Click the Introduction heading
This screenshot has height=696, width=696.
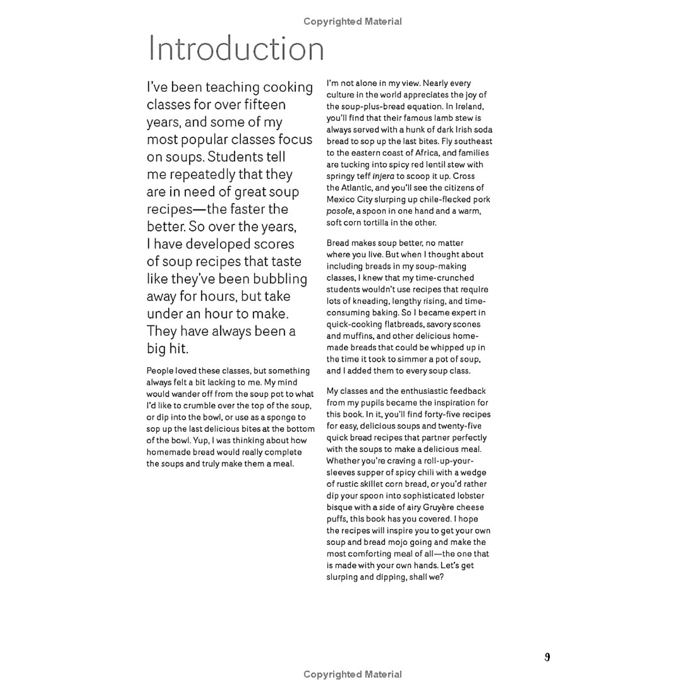pos(236,48)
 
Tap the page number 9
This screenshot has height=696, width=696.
pos(547,657)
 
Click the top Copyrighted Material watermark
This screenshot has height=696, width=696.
pos(352,22)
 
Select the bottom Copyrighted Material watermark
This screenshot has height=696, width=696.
pos(352,674)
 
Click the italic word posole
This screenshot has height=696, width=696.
pos(339,211)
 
